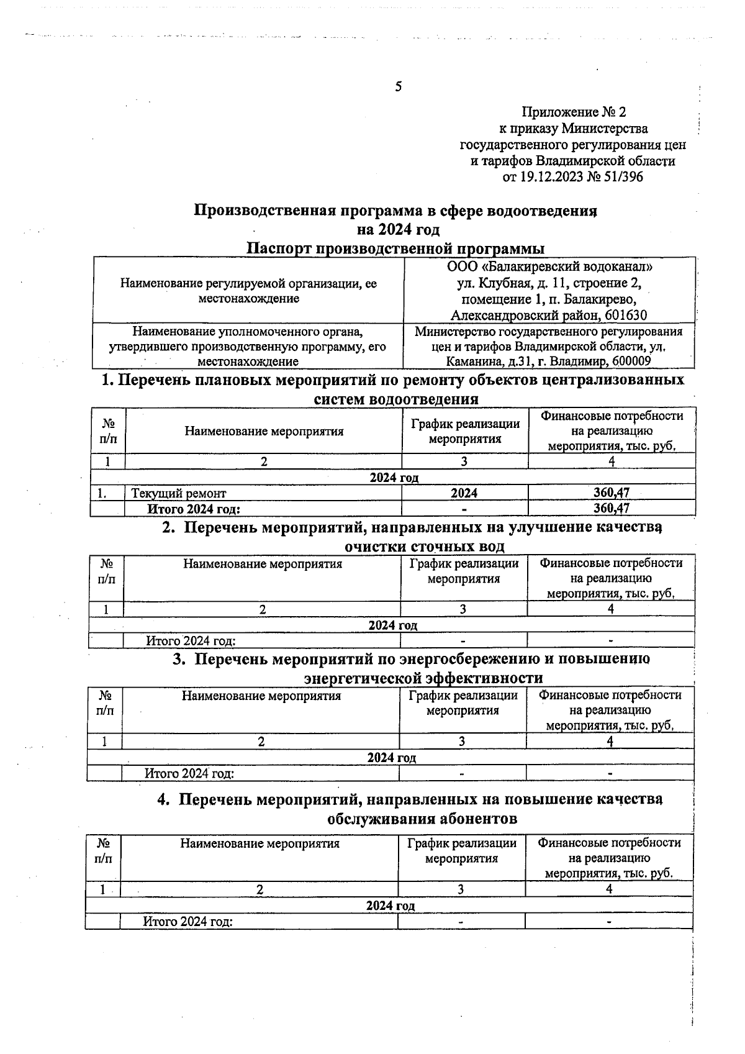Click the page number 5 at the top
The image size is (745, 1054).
coord(398,86)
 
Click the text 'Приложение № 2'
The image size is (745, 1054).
coord(574,112)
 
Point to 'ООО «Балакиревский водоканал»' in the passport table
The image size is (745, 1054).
coord(549,267)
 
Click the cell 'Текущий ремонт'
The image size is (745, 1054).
coord(179,493)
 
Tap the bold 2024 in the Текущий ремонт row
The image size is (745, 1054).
coord(464,493)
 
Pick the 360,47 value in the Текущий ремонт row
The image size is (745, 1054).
coord(612,493)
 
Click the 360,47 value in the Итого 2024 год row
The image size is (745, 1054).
coord(612,508)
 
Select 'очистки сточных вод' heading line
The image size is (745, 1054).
coord(424,547)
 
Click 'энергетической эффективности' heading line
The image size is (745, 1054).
coord(423,677)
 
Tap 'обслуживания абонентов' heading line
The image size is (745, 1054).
coord(422,819)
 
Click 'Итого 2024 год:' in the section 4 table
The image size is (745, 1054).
coord(187,921)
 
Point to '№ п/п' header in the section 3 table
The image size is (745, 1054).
coord(105,702)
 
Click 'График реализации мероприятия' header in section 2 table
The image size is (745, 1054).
coord(464,571)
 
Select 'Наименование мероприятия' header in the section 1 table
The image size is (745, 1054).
coord(264,431)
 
